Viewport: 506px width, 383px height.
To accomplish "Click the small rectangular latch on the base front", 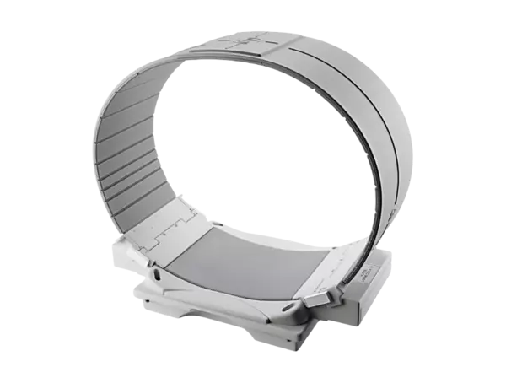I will point(319,297).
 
